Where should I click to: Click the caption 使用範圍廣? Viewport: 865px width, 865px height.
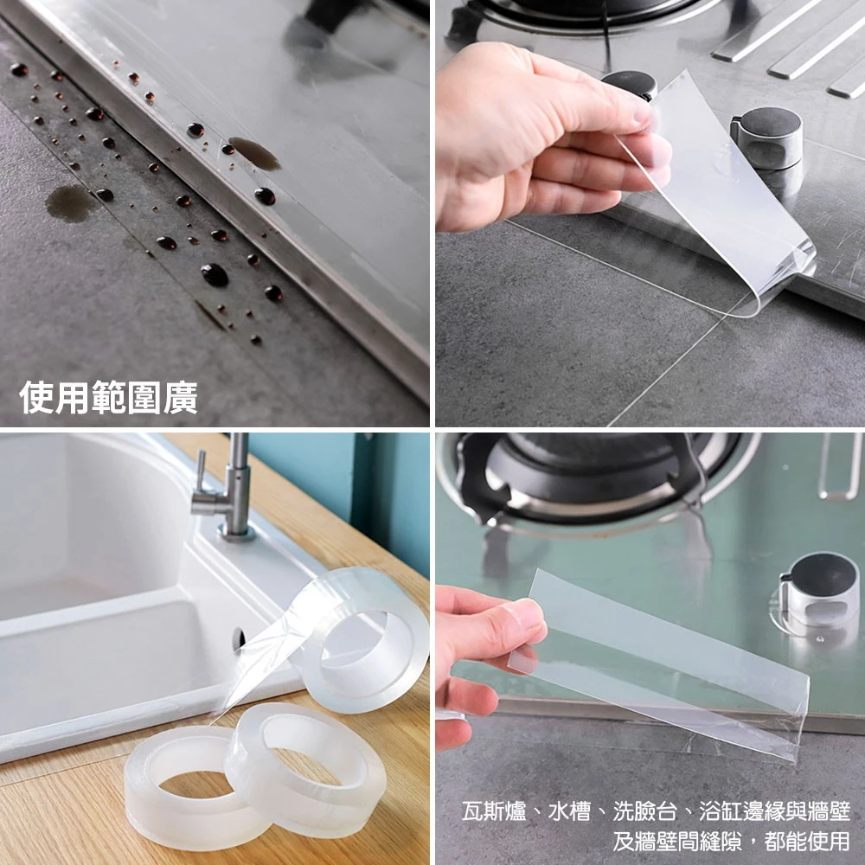click(x=109, y=398)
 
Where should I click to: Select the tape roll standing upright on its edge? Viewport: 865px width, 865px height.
click(x=363, y=640)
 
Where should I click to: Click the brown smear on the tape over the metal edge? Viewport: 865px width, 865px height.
click(x=254, y=153)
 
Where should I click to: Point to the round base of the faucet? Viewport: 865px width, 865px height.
click(x=236, y=530)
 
